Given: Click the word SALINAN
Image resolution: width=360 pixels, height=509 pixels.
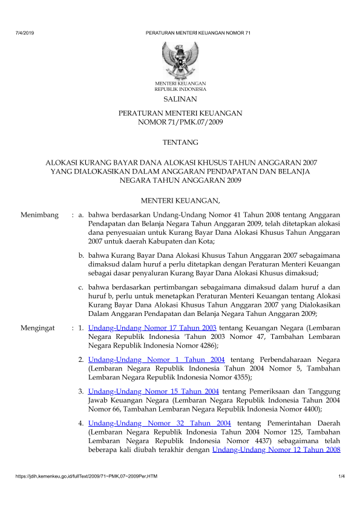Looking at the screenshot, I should [180, 98].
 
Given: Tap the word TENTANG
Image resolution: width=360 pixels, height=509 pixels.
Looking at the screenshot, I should [180, 142].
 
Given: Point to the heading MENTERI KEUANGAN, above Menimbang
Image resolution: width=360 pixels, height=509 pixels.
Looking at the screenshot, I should [180, 200].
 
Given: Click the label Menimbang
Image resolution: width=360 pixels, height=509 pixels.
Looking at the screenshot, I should [39, 214].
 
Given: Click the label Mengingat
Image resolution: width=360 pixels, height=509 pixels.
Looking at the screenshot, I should [39, 327].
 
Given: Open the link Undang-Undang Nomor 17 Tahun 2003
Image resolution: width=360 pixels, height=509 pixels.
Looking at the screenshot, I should [152, 327].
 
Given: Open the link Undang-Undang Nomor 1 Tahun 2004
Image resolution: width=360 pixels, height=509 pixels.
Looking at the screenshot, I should [156, 360].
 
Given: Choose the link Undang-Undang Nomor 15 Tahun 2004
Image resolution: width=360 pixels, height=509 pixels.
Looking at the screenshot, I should [153, 392].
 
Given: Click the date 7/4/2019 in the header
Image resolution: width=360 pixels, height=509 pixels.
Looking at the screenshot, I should [24, 32].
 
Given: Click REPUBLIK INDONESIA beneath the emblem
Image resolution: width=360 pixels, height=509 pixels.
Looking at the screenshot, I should [180, 88].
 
